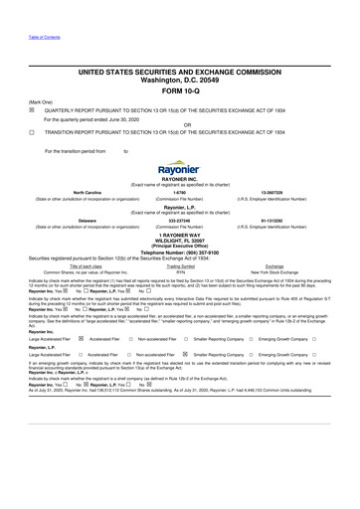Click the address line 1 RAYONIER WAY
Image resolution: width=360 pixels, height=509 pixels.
click(179, 235)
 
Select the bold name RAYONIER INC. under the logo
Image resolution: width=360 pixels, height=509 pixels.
click(179, 180)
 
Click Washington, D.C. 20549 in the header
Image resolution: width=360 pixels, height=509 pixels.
click(179, 80)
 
